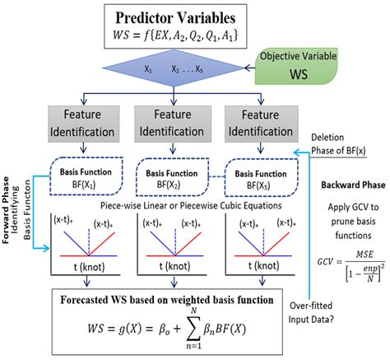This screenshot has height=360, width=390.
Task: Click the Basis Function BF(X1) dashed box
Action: click(80, 177)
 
